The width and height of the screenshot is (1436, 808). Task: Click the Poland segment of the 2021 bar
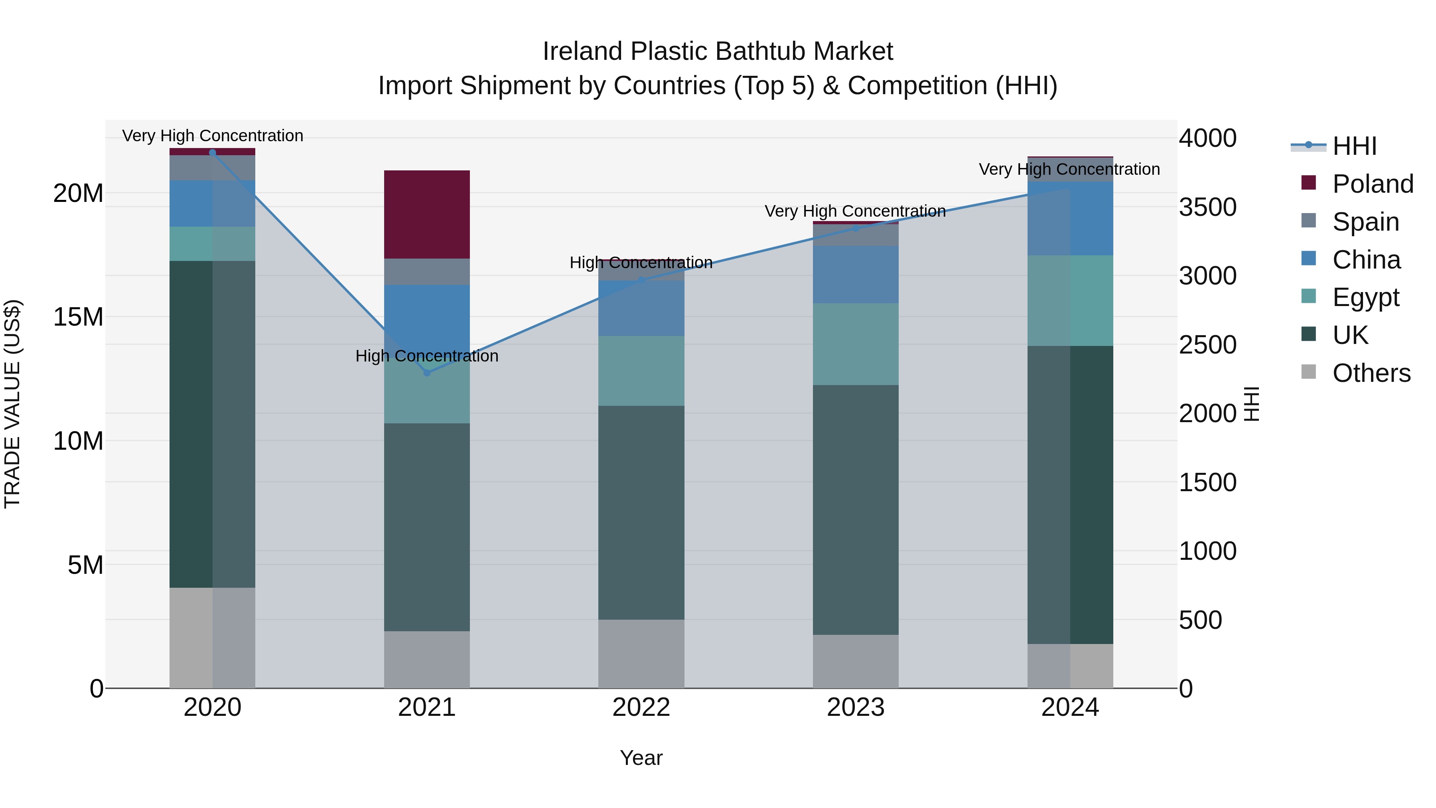(x=426, y=214)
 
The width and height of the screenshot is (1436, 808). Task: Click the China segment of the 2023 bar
(x=855, y=275)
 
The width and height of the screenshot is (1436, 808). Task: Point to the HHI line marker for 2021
(x=427, y=373)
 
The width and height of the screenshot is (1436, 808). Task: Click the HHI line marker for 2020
(x=212, y=152)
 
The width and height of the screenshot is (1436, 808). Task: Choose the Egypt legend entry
(x=1365, y=297)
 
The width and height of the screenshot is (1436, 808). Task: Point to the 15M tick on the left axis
(x=78, y=317)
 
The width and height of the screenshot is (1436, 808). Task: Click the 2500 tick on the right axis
(x=1207, y=345)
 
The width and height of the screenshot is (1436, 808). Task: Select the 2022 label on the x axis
(x=641, y=707)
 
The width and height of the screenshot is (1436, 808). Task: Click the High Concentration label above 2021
(x=426, y=356)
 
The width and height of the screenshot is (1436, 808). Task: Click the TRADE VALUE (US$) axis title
(x=12, y=404)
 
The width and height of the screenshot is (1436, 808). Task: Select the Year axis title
(x=641, y=758)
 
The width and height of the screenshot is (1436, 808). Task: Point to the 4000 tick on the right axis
(x=1207, y=138)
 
